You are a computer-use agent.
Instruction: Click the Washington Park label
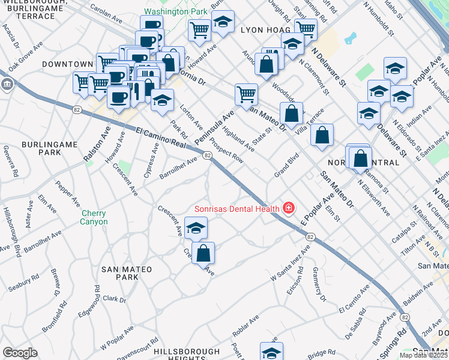click(175, 11)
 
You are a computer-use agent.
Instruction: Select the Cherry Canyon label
click(94, 217)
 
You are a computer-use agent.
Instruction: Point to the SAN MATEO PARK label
click(127, 273)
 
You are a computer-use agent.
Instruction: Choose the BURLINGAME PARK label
click(41, 149)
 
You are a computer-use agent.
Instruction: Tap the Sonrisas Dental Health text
click(237, 209)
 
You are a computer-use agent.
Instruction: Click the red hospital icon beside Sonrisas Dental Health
click(289, 208)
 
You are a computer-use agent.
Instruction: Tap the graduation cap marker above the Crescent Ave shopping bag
click(196, 228)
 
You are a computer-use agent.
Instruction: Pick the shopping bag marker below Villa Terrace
click(322, 136)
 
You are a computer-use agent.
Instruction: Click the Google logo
click(20, 353)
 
